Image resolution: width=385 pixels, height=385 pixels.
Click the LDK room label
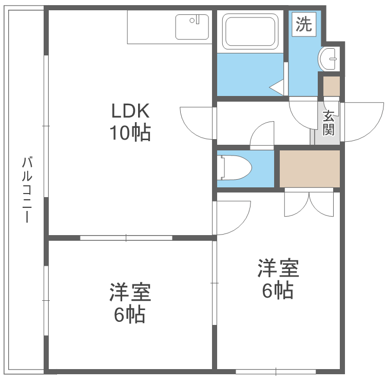(130, 110)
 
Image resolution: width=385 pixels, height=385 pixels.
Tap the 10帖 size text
(129, 133)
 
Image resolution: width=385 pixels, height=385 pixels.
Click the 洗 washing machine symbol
(304, 25)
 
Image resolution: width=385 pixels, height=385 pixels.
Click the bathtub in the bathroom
(250, 31)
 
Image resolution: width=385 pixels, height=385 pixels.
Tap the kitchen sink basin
(192, 26)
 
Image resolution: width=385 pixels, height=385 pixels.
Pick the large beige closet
(310, 168)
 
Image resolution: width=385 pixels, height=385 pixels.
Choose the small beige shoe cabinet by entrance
(332, 86)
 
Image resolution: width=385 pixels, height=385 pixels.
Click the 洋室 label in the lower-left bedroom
(129, 293)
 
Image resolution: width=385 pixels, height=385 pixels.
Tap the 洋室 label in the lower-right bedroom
(278, 268)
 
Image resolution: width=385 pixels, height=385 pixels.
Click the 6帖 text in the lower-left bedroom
(129, 314)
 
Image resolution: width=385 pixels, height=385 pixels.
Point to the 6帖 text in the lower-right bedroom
(278, 291)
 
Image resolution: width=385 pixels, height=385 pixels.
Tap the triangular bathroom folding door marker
(277, 87)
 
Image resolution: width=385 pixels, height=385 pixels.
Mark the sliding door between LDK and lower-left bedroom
(126, 238)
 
